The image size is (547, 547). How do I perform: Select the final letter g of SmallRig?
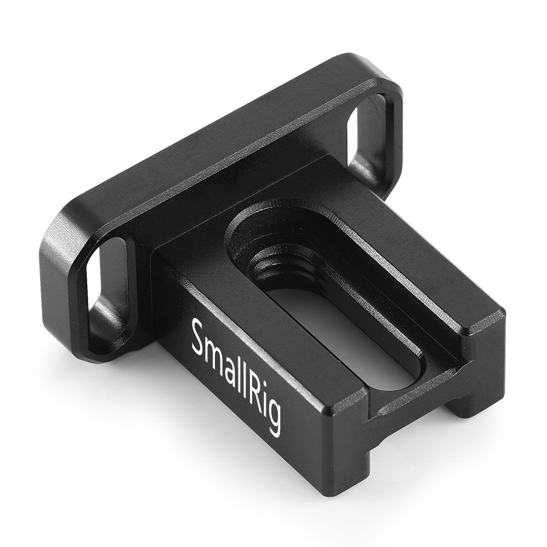point(273,421)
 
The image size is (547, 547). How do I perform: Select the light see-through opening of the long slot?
point(350,339)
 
